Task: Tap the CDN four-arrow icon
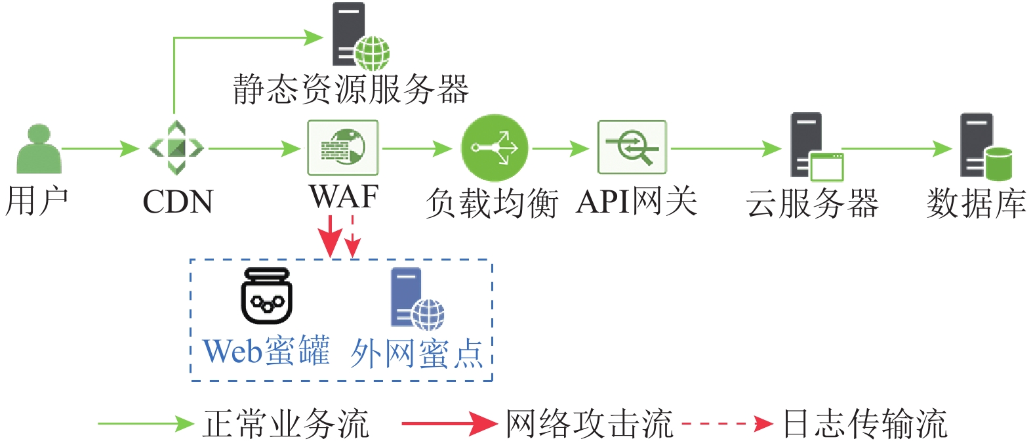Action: [x=176, y=148]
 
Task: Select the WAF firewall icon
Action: [x=343, y=148]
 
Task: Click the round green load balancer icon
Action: [x=495, y=148]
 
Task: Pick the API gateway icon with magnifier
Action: [x=632, y=148]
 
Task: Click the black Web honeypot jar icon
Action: [x=266, y=297]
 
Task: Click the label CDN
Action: [x=178, y=202]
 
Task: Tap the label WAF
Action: [x=344, y=197]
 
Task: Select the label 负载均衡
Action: [x=492, y=203]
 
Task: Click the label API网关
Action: [x=636, y=201]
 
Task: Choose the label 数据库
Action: [x=976, y=203]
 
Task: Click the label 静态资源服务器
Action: [x=351, y=89]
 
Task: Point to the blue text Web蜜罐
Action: [x=266, y=351]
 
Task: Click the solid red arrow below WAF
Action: [x=331, y=236]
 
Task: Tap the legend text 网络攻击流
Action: [x=589, y=423]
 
